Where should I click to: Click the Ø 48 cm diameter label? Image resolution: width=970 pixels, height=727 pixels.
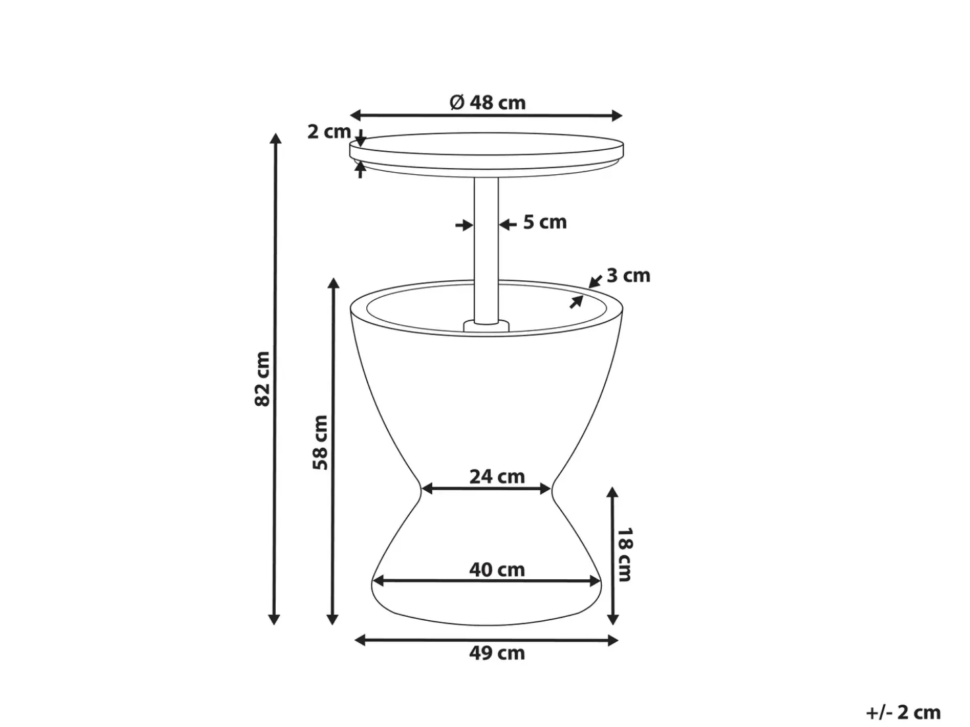point(488,103)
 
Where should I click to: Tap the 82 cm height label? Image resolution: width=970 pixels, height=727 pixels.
point(263,379)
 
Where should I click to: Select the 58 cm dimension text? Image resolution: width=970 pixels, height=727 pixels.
point(321,442)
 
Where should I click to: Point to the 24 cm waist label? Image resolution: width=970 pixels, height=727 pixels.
point(497,477)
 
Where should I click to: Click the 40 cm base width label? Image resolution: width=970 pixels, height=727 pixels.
point(497,570)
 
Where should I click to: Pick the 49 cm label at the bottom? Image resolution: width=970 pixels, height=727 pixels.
point(497,653)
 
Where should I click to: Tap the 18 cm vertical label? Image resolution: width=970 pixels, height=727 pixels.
point(624,554)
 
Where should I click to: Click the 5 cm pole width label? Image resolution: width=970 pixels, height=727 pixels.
point(545,222)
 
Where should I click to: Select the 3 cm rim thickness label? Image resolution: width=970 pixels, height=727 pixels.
point(628,276)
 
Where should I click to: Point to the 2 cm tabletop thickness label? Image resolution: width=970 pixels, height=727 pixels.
point(329,132)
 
